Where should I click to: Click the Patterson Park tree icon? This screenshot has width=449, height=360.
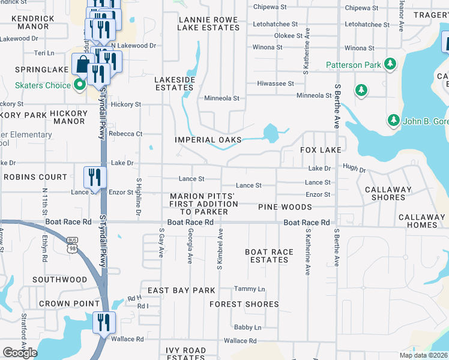pyautogui.click(x=390, y=64)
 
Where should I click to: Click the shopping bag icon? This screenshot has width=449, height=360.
pyautogui.click(x=82, y=63)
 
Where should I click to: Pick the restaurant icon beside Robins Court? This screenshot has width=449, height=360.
pyautogui.click(x=95, y=176)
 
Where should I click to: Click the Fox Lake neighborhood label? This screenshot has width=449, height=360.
pyautogui.click(x=321, y=149)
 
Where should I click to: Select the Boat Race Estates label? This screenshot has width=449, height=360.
pyautogui.click(x=269, y=256)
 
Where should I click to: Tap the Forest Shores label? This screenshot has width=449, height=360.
pyautogui.click(x=244, y=304)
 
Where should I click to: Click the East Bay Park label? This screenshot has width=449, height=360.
pyautogui.click(x=181, y=290)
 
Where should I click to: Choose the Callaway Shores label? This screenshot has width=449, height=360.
pyautogui.click(x=388, y=193)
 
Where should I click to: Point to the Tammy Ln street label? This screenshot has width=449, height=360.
pyautogui.click(x=249, y=289)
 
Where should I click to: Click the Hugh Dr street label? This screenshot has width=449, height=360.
pyautogui.click(x=354, y=170)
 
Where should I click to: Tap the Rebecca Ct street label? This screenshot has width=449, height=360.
pyautogui.click(x=125, y=134)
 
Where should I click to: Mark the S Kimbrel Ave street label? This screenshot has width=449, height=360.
pyautogui.click(x=220, y=248)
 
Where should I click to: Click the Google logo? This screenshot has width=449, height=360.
pyautogui.click(x=20, y=353)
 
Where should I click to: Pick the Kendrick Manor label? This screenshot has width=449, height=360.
pyautogui.click(x=35, y=23)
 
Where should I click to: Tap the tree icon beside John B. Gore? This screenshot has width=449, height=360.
pyautogui.click(x=393, y=121)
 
